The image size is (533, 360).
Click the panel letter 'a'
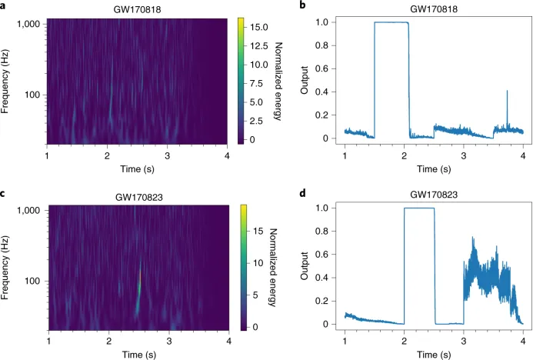[4, 6]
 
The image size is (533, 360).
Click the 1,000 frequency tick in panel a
[29, 25]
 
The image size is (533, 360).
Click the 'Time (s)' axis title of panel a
[137, 168]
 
